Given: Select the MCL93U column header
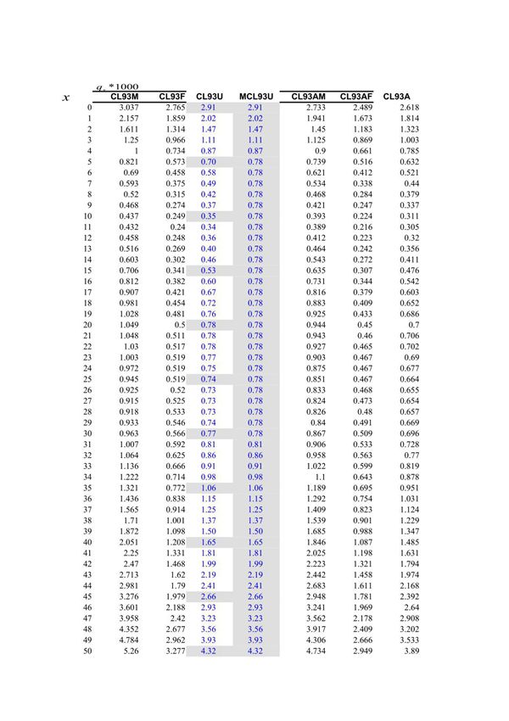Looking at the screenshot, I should (255, 97).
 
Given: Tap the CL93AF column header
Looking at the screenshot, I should (356, 97).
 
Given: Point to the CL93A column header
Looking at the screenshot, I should (398, 97).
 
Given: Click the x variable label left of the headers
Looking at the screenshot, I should (66, 98).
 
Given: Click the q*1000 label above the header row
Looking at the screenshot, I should (116, 87).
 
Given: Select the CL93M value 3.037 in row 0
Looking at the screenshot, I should (129, 108).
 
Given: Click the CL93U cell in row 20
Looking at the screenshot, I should (208, 325).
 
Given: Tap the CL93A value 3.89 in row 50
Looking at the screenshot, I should (410, 651).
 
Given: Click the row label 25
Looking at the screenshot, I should (87, 379).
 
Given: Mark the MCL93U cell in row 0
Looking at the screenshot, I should (255, 108).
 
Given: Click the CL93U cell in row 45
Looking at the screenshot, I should (208, 596).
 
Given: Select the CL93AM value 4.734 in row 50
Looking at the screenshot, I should (315, 651).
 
